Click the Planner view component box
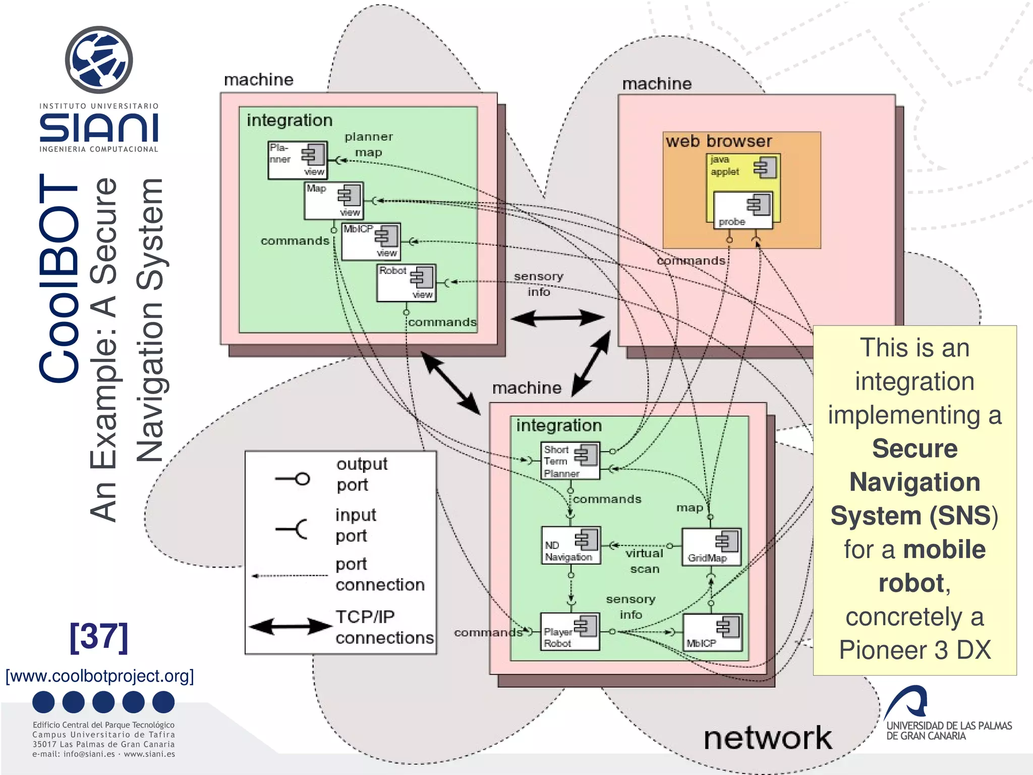(297, 160)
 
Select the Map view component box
(333, 200)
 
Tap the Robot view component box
(406, 283)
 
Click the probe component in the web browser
(742, 210)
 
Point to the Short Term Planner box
(570, 461)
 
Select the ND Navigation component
(570, 545)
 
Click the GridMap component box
(711, 547)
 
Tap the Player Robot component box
(569, 631)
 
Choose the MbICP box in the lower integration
(712, 632)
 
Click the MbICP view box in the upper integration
(371, 241)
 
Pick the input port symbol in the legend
(293, 529)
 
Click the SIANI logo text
(99, 128)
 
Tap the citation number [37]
(99, 637)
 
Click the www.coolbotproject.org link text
(99, 676)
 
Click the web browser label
(718, 141)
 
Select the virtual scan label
(644, 561)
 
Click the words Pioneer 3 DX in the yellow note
(914, 650)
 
